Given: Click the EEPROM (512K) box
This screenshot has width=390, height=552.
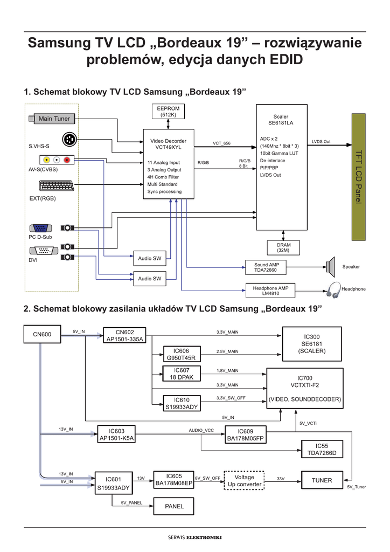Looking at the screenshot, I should click(168, 112).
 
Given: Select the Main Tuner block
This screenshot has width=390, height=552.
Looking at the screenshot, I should click(53, 119).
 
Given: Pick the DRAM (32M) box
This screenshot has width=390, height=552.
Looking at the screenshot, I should click(283, 247).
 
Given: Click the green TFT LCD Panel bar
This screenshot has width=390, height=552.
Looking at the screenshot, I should click(359, 177).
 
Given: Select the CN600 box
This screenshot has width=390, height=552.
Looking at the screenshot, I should click(42, 335).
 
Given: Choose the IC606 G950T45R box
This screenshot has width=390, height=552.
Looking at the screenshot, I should click(182, 354).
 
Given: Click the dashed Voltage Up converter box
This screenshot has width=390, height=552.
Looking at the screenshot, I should click(245, 480).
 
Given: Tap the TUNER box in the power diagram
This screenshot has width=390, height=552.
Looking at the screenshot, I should click(322, 480).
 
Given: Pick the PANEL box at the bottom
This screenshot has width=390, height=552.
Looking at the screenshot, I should click(174, 506).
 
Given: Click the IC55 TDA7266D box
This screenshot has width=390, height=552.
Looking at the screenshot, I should click(322, 450).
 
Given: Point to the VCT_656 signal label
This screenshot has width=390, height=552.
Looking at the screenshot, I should click(221, 143).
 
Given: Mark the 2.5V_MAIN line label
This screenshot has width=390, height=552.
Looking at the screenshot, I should click(227, 351).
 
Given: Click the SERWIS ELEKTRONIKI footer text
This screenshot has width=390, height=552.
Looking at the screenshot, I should click(195, 537).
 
